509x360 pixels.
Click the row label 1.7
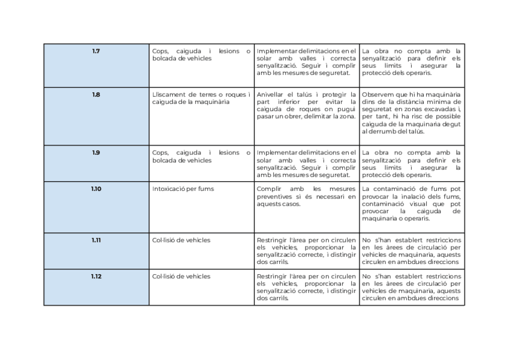(96, 51)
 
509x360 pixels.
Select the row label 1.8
(96, 95)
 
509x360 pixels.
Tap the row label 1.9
(96, 153)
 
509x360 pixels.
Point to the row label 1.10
(96, 189)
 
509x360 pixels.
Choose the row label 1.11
(96, 240)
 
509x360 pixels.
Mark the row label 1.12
(96, 277)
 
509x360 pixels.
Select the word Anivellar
(271, 95)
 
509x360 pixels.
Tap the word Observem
(378, 95)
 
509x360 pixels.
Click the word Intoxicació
(169, 189)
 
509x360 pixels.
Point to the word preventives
(273, 196)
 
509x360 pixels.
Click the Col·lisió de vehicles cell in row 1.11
(181, 240)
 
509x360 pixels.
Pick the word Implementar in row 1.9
(276, 153)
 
